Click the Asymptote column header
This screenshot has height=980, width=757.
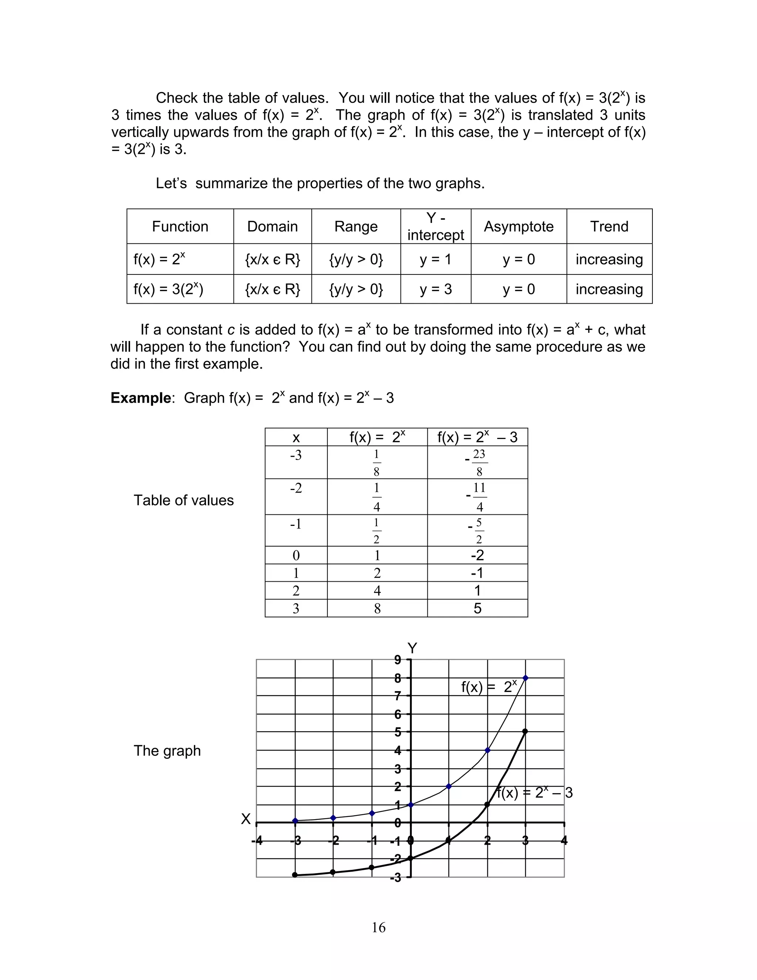(519, 226)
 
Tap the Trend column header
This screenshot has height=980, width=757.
(609, 226)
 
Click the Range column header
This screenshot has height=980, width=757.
(356, 226)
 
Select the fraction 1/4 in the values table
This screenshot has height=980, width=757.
(377, 497)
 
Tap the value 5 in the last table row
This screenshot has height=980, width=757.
(477, 608)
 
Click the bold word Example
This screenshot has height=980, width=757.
(141, 398)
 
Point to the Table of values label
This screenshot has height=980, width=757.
(183, 500)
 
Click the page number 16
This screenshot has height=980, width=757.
(378, 927)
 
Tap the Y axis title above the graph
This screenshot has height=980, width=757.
(412, 648)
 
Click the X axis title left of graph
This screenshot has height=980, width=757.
(245, 819)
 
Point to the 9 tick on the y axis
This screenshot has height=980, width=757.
(397, 660)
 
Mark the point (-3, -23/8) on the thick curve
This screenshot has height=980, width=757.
(295, 875)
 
